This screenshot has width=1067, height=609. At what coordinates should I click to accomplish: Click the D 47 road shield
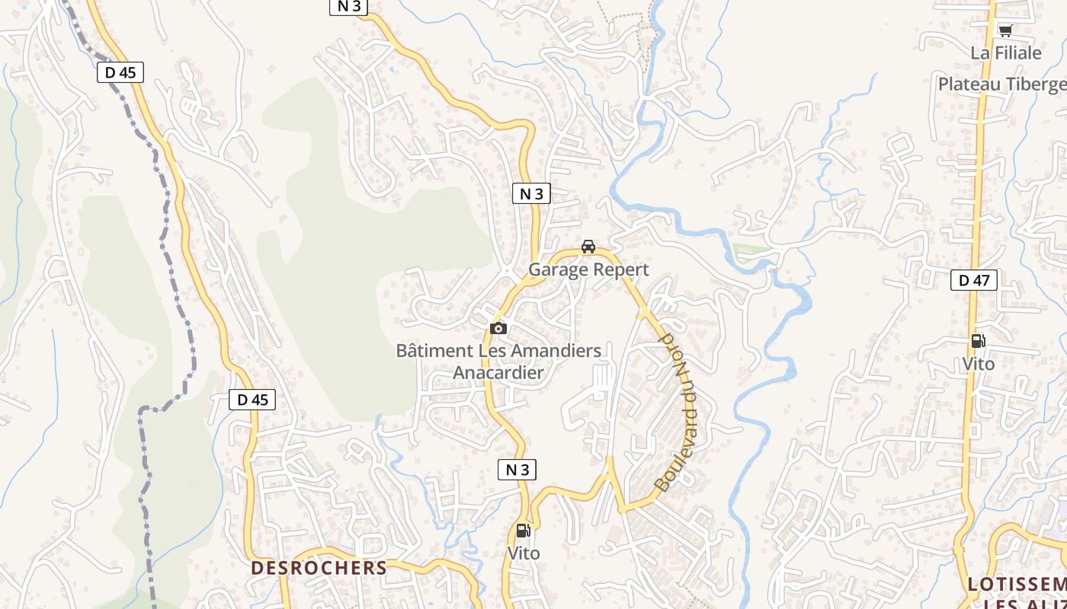973,280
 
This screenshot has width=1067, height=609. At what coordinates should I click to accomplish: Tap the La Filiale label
1005,53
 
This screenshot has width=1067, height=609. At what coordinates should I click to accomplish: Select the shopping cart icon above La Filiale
1005,31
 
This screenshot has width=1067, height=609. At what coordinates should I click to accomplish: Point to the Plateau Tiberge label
1002,84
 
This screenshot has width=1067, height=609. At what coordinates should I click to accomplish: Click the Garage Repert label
588,269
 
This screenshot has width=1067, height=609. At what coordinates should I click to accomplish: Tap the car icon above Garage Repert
588,247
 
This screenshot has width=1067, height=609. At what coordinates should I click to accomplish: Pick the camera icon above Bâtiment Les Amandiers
498,328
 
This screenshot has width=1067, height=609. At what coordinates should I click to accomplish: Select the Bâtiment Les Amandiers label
498,351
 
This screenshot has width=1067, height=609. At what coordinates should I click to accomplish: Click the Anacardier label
498,372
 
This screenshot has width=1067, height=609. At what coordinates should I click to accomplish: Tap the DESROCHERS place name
319,568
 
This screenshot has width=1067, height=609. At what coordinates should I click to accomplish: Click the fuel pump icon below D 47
978,341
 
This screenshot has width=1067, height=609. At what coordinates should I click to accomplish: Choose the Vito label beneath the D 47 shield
978,364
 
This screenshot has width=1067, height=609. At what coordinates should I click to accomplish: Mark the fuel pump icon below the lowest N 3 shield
523,531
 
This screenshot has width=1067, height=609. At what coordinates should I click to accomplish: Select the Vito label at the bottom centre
523,553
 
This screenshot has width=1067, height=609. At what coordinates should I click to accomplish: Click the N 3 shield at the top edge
348,6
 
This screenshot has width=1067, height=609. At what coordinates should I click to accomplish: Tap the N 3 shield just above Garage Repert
530,193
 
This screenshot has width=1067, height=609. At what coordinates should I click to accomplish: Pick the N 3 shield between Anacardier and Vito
517,470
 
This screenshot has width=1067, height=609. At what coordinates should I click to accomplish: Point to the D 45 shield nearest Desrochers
252,400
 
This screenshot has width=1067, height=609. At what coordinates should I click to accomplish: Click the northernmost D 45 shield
120,72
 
